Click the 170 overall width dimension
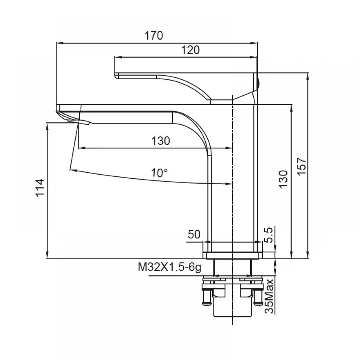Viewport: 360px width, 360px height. pyautogui.click(x=154, y=36)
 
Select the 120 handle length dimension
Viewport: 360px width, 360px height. pyautogui.click(x=190, y=50)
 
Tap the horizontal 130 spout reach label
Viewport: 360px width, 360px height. pyautogui.click(x=161, y=141)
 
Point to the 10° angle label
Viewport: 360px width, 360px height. pyautogui.click(x=159, y=173)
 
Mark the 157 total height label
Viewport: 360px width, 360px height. pyautogui.click(x=302, y=166)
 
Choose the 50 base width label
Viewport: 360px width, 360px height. pyautogui.click(x=194, y=234)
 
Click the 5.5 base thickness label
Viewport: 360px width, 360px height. pyautogui.click(x=269, y=235)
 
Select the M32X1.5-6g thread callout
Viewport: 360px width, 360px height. pyautogui.click(x=170, y=267)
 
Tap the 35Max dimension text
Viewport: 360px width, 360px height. pyautogui.click(x=269, y=296)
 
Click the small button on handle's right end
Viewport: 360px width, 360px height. pyautogui.click(x=258, y=84)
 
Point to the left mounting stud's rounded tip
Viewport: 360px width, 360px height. pyautogui.click(x=207, y=304)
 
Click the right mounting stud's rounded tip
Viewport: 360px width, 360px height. pyautogui.click(x=258, y=304)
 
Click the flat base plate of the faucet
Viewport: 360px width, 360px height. pyautogui.click(x=232, y=255)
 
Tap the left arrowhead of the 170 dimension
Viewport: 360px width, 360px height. pyautogui.click(x=59, y=43)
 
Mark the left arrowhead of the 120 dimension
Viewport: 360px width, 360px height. pyautogui.click(x=118, y=57)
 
